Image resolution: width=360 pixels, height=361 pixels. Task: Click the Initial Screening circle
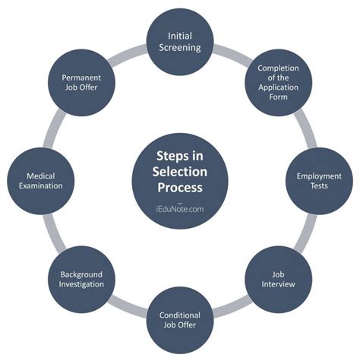[180, 42]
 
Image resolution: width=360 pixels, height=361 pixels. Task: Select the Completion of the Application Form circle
[278, 83]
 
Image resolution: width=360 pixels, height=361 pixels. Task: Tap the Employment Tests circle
[319, 181]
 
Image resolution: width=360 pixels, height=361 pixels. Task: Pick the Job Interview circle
[278, 279]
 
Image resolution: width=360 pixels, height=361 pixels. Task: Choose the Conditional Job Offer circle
[180, 320]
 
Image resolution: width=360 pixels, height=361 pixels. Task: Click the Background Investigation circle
[81, 279]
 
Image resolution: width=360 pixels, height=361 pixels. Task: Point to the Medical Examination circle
[41, 181]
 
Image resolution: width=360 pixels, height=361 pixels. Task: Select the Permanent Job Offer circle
[81, 83]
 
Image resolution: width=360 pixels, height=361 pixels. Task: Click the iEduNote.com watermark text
[180, 209]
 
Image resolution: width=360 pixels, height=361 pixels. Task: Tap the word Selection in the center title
[180, 172]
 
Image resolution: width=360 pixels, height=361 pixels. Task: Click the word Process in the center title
[180, 188]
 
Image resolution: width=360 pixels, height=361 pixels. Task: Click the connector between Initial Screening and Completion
[232, 54]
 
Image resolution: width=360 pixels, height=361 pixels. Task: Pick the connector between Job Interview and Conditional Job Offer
[232, 308]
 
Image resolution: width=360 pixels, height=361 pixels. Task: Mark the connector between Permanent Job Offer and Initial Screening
[128, 54]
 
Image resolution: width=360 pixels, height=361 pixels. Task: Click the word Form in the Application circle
[278, 97]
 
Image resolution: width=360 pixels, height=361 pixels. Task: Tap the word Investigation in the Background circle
[81, 284]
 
